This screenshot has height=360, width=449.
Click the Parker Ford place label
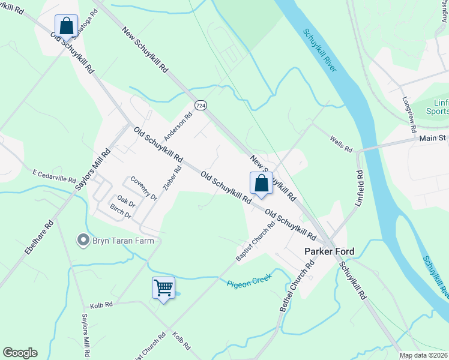[x=329, y=251]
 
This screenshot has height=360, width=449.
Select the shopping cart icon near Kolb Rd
[x=163, y=288]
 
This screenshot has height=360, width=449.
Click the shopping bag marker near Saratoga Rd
[x=66, y=26]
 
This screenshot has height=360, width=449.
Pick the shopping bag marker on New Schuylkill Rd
[x=261, y=183]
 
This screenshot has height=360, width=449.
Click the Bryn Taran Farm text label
[x=123, y=241]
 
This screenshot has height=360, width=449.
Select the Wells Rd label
[x=340, y=143]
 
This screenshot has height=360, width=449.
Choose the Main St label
[x=433, y=139]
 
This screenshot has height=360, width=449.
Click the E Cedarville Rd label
[x=54, y=175]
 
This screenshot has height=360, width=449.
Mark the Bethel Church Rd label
[x=297, y=285]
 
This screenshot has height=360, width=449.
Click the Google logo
[x=20, y=353]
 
